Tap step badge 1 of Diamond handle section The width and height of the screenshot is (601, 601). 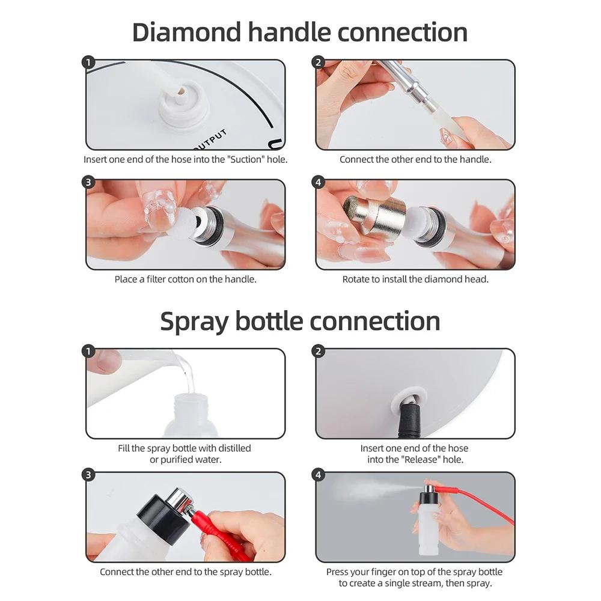click(x=89, y=63)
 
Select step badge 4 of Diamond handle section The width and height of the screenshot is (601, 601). click(x=319, y=182)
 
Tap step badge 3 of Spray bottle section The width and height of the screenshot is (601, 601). click(x=89, y=475)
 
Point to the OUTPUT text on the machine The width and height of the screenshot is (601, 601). click(x=210, y=139)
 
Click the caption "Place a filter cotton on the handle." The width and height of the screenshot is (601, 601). click(x=185, y=279)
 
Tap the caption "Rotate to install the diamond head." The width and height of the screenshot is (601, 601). click(x=415, y=279)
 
